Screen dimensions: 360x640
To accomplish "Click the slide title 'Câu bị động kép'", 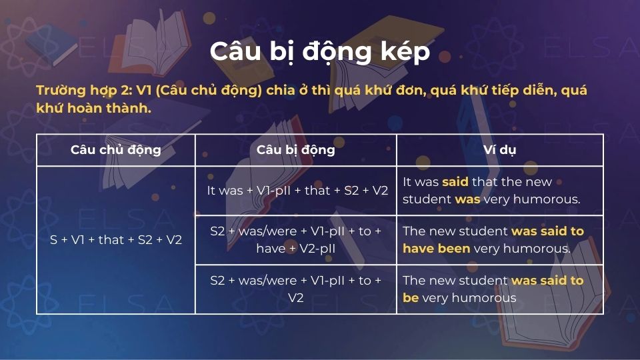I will (x=319, y=51).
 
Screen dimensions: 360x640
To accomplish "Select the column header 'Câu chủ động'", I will (x=115, y=149).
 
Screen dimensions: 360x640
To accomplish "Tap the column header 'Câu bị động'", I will (x=295, y=149).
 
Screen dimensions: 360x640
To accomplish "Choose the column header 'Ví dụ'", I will (x=499, y=149).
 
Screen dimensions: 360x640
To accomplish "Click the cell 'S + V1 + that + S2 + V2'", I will (x=115, y=240).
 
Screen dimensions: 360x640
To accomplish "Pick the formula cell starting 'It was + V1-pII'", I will (x=297, y=190).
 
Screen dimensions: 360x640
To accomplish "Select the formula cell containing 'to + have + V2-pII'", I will (x=295, y=240).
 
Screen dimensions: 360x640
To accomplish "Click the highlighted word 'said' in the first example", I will (x=455, y=181).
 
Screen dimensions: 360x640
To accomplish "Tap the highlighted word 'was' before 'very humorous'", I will (x=467, y=199).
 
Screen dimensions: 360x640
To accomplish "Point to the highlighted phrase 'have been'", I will (x=436, y=248).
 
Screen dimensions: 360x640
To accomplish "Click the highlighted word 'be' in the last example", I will (x=411, y=297).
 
